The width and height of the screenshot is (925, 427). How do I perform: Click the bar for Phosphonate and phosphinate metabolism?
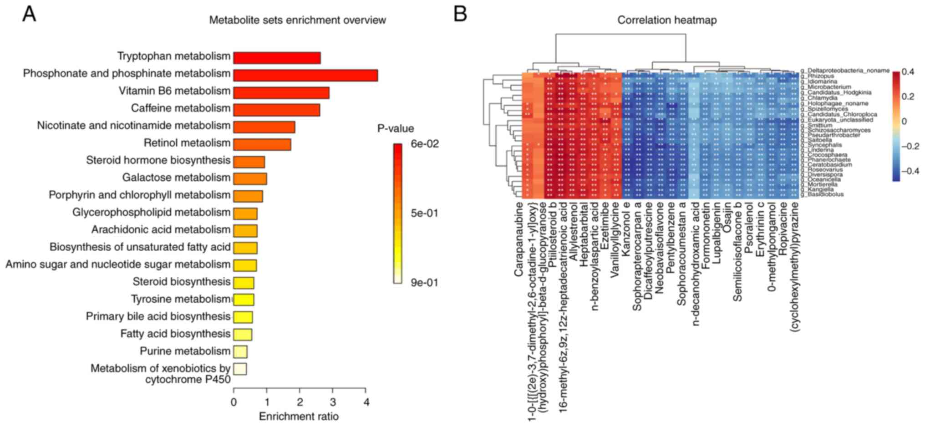305,75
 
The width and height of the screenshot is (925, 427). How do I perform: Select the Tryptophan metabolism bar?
277,58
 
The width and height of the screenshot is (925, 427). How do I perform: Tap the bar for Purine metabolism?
240,352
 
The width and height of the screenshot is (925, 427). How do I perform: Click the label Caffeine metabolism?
180,108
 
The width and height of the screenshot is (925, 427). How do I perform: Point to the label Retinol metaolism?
187,143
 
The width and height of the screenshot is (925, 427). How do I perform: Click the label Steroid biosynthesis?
181,282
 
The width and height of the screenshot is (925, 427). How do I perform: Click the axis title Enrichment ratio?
299,417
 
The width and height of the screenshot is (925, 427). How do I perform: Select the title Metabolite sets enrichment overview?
297,20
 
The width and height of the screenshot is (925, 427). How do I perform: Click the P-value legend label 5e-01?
424,213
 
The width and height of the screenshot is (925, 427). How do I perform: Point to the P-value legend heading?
395,128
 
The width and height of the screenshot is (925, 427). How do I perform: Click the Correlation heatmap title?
667,20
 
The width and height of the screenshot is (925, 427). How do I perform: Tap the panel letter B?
460,14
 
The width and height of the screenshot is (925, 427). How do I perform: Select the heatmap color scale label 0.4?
907,72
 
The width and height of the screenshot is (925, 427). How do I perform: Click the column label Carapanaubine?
518,239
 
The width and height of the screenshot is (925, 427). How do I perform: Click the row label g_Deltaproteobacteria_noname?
844,71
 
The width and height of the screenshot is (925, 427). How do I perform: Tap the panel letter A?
29,14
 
